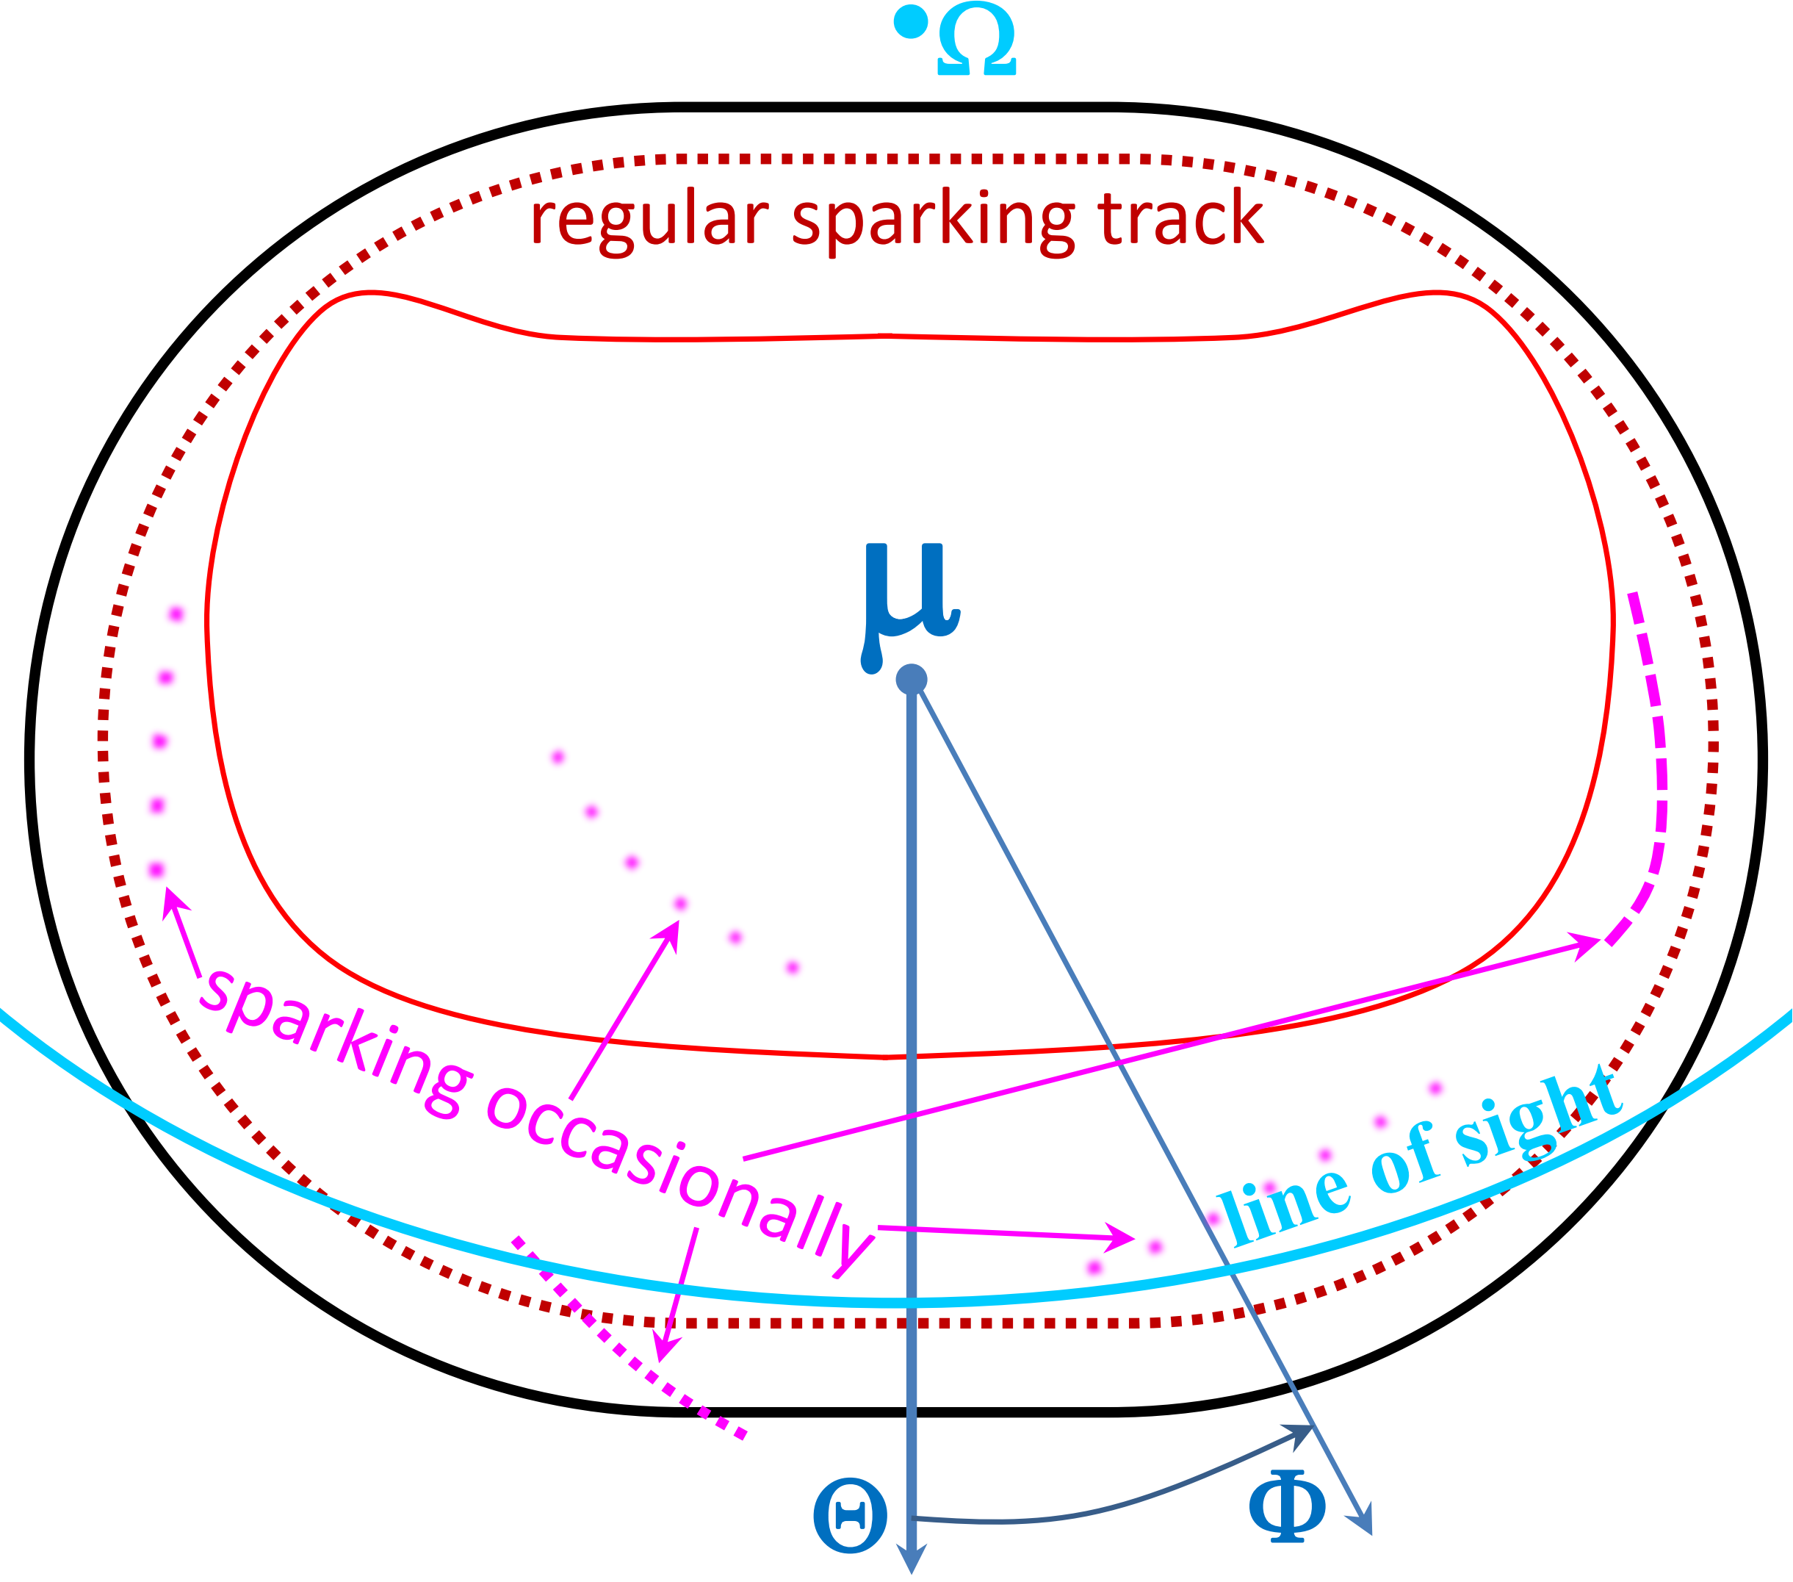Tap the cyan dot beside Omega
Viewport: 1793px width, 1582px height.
point(911,22)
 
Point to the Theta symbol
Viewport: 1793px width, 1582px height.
point(850,1515)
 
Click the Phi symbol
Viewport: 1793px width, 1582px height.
point(1287,1506)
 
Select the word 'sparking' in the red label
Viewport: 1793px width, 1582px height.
point(934,221)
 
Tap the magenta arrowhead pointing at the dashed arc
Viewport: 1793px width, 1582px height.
point(1589,946)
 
